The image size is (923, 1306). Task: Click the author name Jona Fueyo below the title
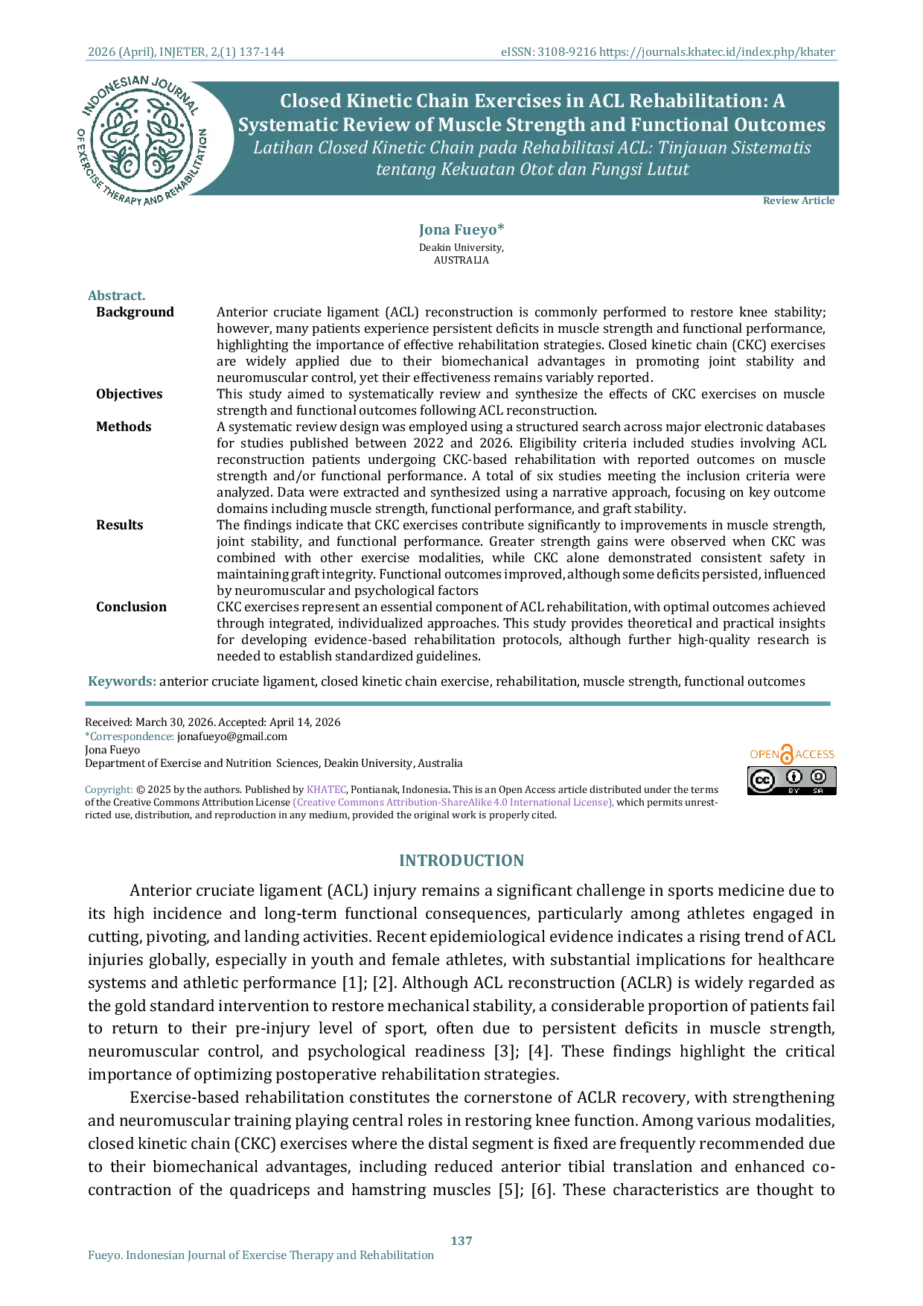pos(461,229)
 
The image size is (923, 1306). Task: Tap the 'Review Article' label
pos(799,200)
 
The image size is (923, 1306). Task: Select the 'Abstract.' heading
pos(117,296)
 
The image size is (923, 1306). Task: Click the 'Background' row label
pos(135,312)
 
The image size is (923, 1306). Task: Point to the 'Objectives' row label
pos(130,394)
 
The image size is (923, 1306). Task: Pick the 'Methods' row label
pos(124,427)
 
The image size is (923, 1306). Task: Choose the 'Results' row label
pos(120,525)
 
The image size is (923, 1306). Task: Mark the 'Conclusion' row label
pos(132,607)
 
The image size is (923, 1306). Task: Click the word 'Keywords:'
pos(122,681)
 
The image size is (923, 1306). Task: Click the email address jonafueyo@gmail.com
pos(232,736)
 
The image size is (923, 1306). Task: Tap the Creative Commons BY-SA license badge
pos(792,780)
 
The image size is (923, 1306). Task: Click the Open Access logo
pos(792,754)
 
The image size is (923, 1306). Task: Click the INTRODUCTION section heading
pos(461,861)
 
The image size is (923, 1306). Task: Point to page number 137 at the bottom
pos(461,1240)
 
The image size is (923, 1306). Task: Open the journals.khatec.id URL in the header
pos(718,52)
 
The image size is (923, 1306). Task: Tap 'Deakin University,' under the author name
pos(461,247)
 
